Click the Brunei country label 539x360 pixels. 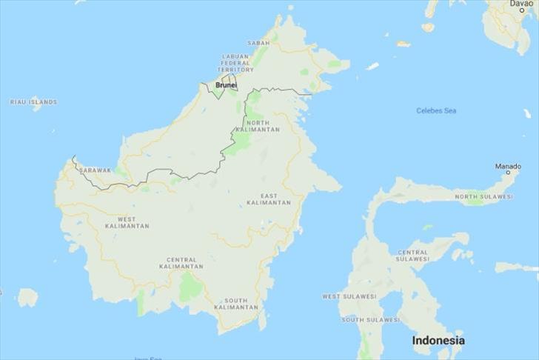pyautogui.click(x=226, y=85)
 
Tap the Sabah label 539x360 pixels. pyautogui.click(x=258, y=43)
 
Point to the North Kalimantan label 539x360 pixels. pyautogui.click(x=263, y=126)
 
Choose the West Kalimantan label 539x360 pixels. pyautogui.click(x=127, y=222)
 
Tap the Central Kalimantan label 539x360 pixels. pyautogui.click(x=181, y=263)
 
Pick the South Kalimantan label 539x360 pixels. pyautogui.click(x=236, y=303)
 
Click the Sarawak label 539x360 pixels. pyautogui.click(x=95, y=170)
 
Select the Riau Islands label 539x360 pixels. pyautogui.click(x=33, y=101)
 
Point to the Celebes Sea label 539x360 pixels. pyautogui.click(x=436, y=111)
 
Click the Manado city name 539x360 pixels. pyautogui.click(x=507, y=167)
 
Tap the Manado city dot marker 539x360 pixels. pyautogui.click(x=508, y=173)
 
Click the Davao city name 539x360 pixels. pyautogui.click(x=521, y=4)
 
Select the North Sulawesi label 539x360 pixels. pyautogui.click(x=483, y=196)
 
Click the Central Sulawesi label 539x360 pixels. pyautogui.click(x=413, y=256)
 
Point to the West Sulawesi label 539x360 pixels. pyautogui.click(x=349, y=296)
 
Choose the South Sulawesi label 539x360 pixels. pyautogui.click(x=371, y=320)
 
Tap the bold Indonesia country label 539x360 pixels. pyautogui.click(x=438, y=341)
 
